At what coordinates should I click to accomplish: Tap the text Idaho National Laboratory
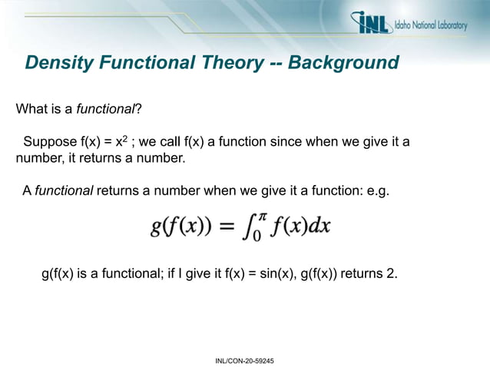click(429, 25)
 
